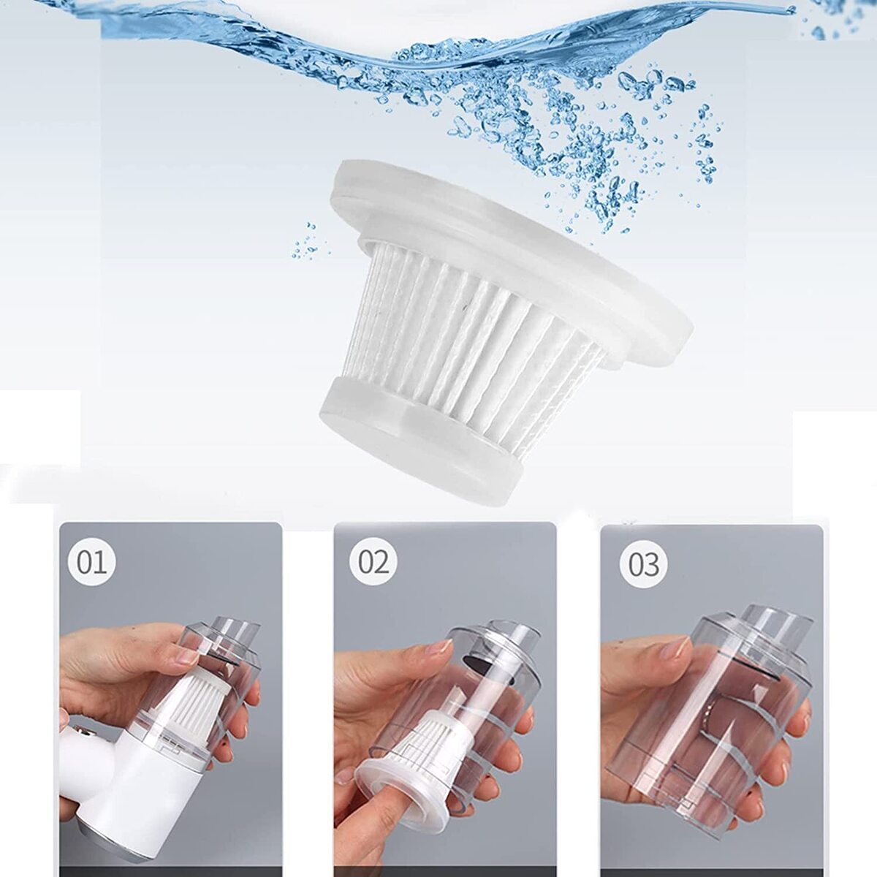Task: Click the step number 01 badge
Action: [92, 563]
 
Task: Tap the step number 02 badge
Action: [373, 563]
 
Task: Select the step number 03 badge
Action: [644, 565]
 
